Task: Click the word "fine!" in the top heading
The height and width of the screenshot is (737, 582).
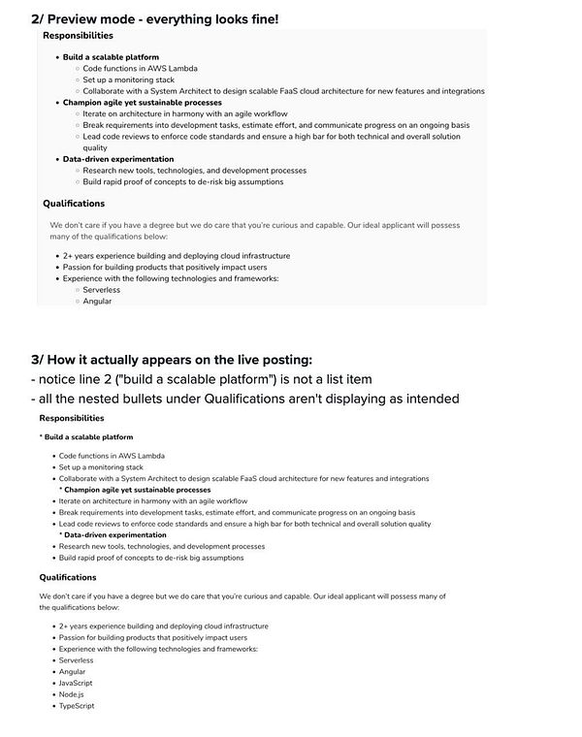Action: click(x=256, y=17)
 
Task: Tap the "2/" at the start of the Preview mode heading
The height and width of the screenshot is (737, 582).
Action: click(x=40, y=17)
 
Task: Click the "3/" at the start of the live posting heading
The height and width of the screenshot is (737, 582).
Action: click(x=40, y=359)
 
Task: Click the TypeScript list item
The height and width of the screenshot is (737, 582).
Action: click(x=78, y=706)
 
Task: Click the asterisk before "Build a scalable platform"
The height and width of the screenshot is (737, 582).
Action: click(x=42, y=438)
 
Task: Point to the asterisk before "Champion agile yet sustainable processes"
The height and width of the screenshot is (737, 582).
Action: click(x=61, y=490)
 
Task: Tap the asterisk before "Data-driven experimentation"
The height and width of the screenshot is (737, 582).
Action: click(x=61, y=535)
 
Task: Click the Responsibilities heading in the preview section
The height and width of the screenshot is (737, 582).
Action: click(x=78, y=36)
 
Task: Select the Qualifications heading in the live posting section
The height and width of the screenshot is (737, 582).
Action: click(x=68, y=577)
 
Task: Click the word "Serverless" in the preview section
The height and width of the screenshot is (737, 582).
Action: click(x=102, y=290)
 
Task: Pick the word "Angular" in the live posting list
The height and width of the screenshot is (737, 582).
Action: click(x=72, y=671)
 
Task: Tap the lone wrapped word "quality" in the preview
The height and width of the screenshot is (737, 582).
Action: click(x=96, y=147)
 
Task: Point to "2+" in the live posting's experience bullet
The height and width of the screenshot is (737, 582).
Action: click(x=64, y=626)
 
